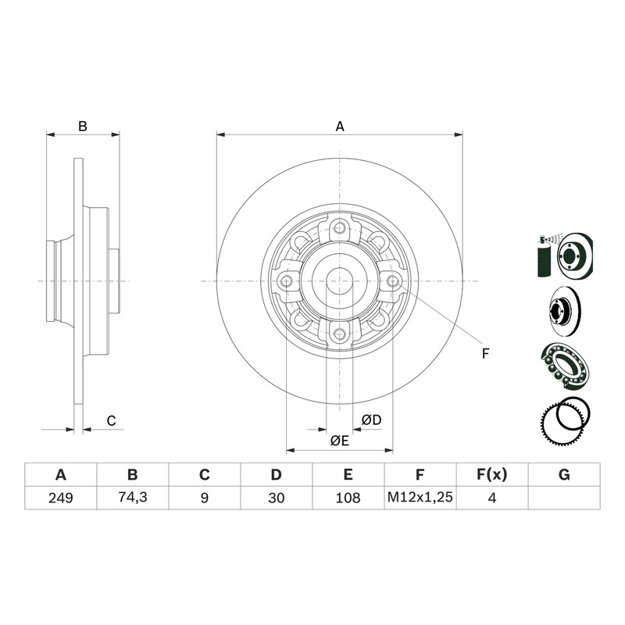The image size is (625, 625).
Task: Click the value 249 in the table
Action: click(61, 498)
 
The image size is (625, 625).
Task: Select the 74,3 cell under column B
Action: click(133, 497)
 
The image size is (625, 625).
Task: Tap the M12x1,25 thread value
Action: click(420, 497)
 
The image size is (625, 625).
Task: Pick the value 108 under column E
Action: click(348, 498)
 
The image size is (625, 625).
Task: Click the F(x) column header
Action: click(492, 475)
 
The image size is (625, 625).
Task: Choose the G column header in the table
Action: click(564, 475)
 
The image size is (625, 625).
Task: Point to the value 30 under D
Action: click(277, 498)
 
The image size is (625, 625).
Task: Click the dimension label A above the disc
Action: click(340, 127)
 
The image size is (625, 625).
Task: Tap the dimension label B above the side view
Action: click(83, 127)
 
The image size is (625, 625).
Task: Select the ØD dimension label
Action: click(372, 420)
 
